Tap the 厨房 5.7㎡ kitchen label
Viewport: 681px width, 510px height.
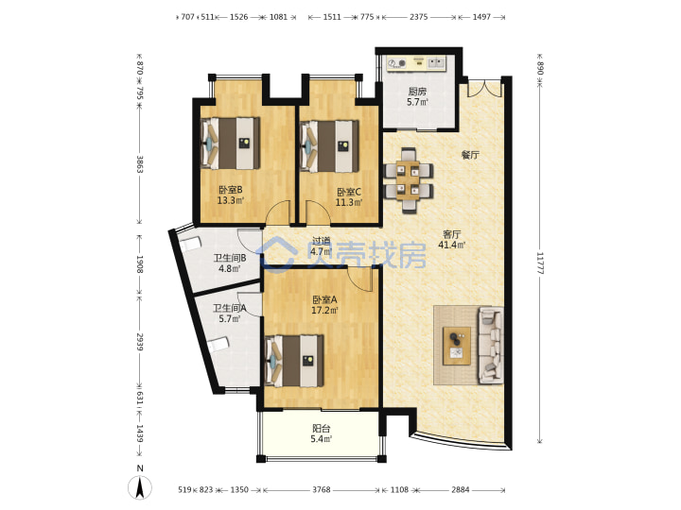pos(417,96)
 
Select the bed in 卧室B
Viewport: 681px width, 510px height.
pos(231,144)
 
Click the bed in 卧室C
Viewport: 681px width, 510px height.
pos(330,145)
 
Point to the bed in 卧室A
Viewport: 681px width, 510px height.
pos(295,361)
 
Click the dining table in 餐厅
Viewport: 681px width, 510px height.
pos(409,180)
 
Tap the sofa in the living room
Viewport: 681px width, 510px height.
pos(491,346)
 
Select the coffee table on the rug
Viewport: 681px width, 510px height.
pos(457,346)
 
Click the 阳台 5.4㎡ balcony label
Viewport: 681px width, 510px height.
pos(322,433)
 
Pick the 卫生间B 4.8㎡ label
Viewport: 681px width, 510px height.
pos(230,263)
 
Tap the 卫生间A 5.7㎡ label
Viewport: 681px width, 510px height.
pos(229,314)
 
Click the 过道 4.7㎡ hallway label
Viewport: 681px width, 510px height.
pos(322,246)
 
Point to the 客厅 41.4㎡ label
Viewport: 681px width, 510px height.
pos(452,239)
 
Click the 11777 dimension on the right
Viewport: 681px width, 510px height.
pos(540,263)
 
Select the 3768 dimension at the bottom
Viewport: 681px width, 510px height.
pos(322,489)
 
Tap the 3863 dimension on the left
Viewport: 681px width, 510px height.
pos(139,164)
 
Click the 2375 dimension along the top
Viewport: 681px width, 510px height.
pos(419,17)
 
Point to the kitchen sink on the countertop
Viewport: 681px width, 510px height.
pos(437,63)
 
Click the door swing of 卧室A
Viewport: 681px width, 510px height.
pos(360,280)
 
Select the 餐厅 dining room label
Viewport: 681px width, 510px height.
pos(470,155)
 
